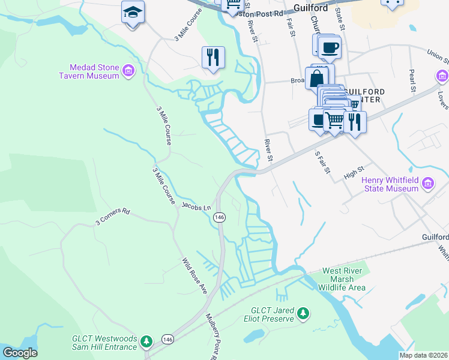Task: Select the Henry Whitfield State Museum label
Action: pyautogui.click(x=390, y=184)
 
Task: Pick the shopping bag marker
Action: pyautogui.click(x=316, y=78)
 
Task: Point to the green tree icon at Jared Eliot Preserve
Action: pyautogui.click(x=304, y=313)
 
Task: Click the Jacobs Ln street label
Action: pyautogui.click(x=196, y=206)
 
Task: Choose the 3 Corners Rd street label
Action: pyautogui.click(x=112, y=217)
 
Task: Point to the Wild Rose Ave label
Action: pyautogui.click(x=194, y=277)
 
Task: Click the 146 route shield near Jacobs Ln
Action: pyautogui.click(x=219, y=217)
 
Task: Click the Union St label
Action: pyautogui.click(x=438, y=56)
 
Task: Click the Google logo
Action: pyautogui.click(x=20, y=353)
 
